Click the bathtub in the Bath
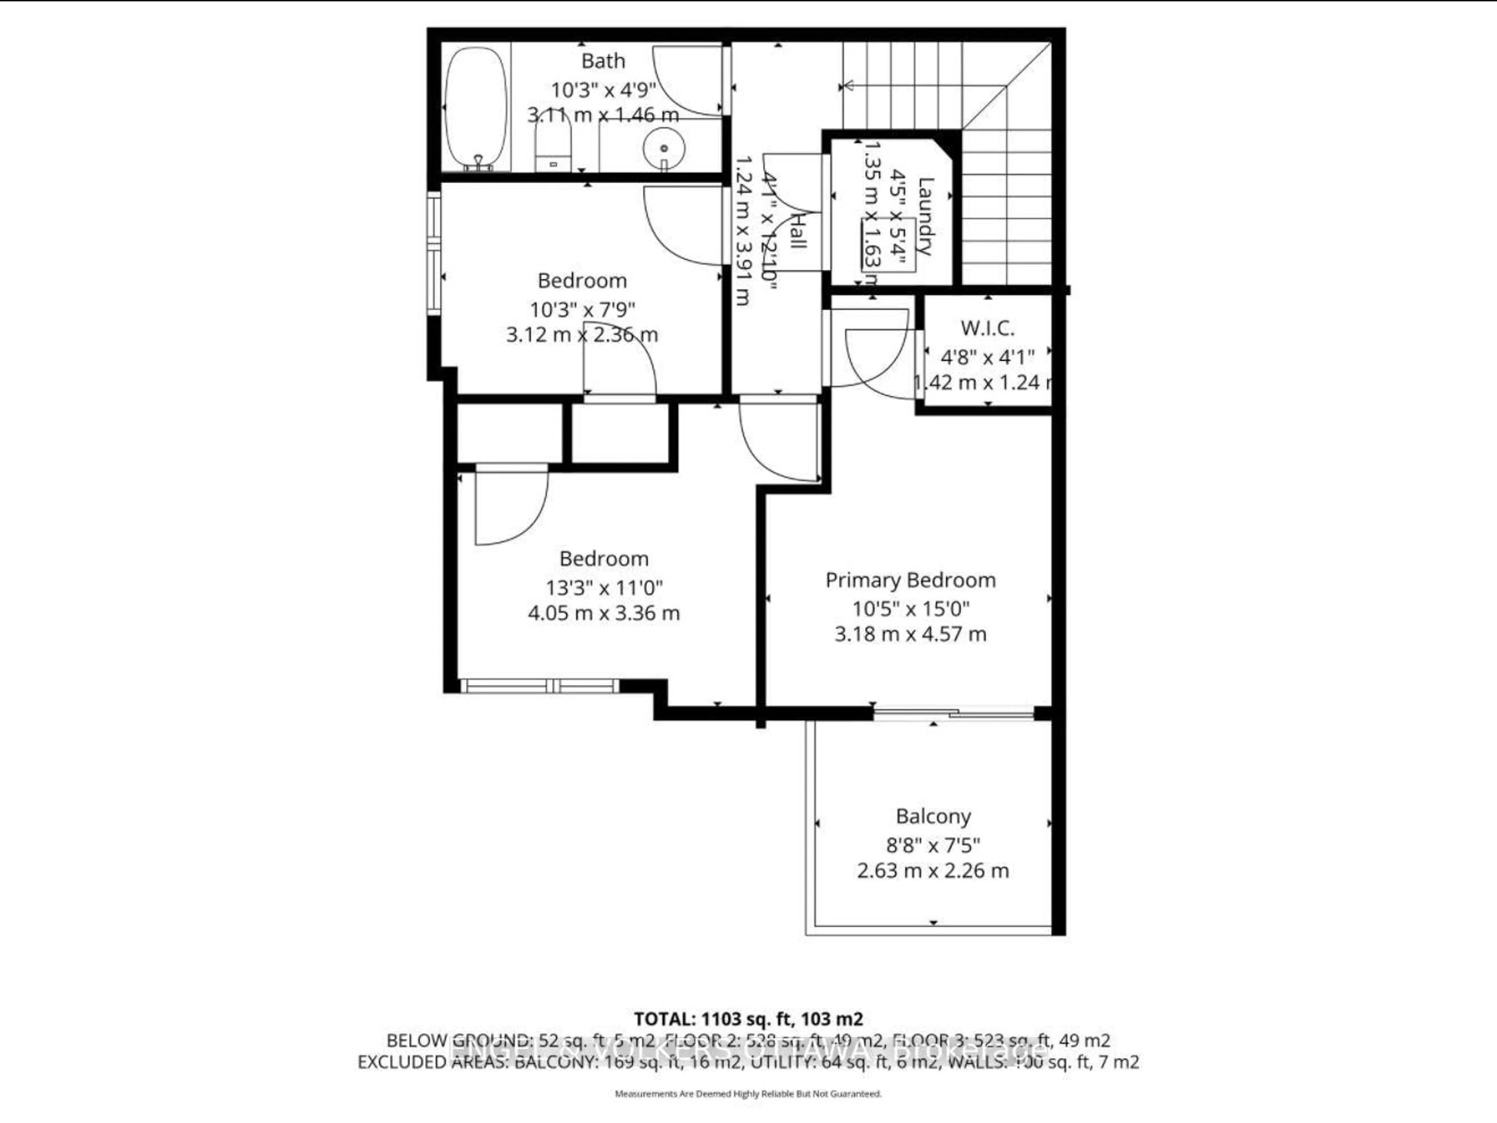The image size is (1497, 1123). click(x=476, y=108)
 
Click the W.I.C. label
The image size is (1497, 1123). click(x=987, y=329)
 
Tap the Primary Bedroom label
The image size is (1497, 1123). click(x=910, y=580)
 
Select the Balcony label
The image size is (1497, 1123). click(x=933, y=817)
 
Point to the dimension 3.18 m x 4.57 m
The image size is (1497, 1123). click(x=910, y=634)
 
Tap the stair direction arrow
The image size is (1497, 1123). click(x=846, y=86)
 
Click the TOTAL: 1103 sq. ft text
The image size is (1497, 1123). click(x=748, y=1019)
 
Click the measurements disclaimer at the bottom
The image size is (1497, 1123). click(x=748, y=1094)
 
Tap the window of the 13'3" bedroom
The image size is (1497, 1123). click(x=540, y=686)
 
